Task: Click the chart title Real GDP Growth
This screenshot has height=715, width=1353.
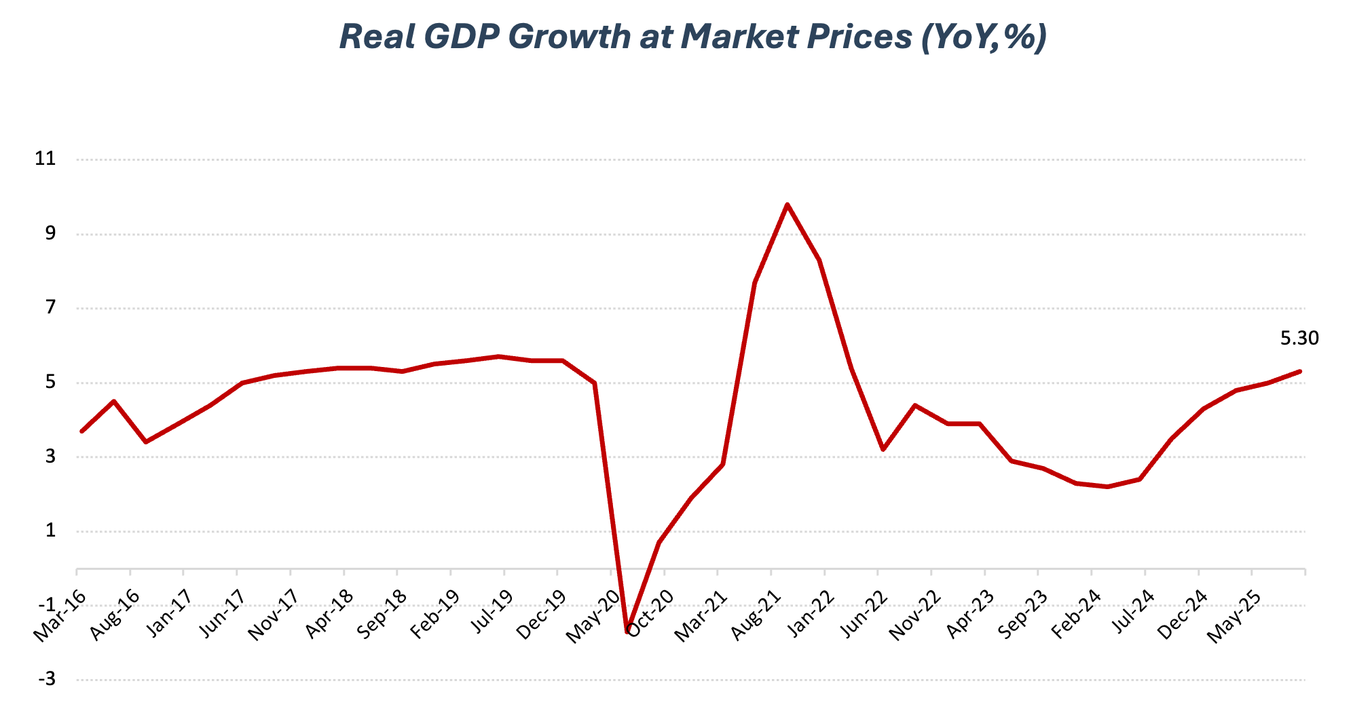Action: [692, 37]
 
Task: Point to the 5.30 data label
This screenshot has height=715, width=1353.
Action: [1299, 338]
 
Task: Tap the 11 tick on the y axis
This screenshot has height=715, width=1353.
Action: [45, 159]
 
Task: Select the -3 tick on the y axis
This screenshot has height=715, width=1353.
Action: [46, 679]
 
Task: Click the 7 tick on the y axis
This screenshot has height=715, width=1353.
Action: [50, 308]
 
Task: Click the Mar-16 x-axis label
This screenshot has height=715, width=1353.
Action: [60, 615]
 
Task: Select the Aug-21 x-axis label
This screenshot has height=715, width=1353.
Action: [756, 615]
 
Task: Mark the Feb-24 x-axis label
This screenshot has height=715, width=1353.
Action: [1076, 615]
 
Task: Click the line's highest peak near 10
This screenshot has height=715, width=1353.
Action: [787, 204]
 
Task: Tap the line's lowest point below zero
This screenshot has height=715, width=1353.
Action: [627, 632]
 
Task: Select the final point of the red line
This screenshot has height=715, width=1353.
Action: [1300, 371]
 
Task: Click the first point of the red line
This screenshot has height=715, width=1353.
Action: [81, 431]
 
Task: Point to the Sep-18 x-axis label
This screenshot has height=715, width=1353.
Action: [382, 615]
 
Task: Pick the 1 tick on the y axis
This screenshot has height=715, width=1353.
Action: [50, 530]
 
